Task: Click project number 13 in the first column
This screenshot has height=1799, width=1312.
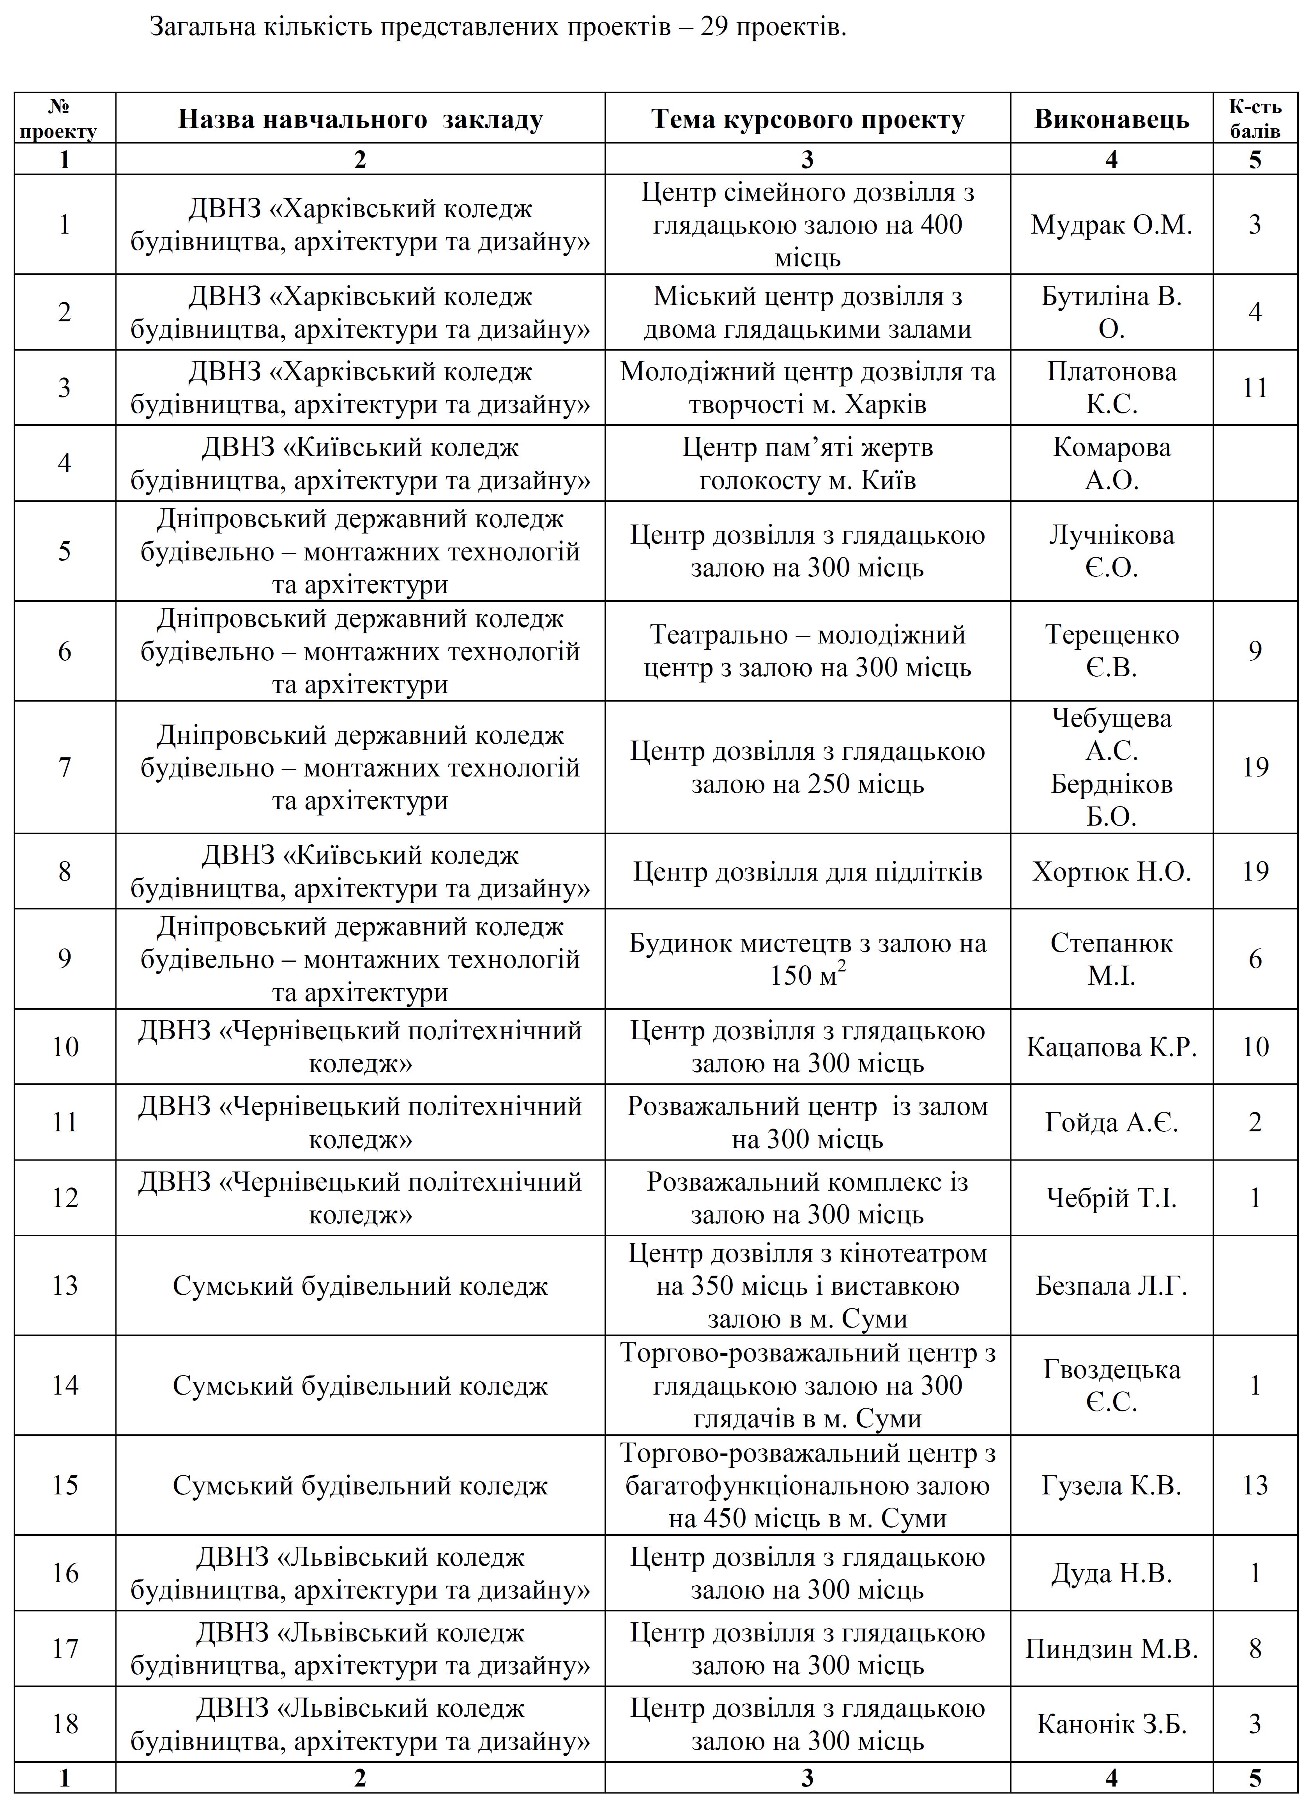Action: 65,1286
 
